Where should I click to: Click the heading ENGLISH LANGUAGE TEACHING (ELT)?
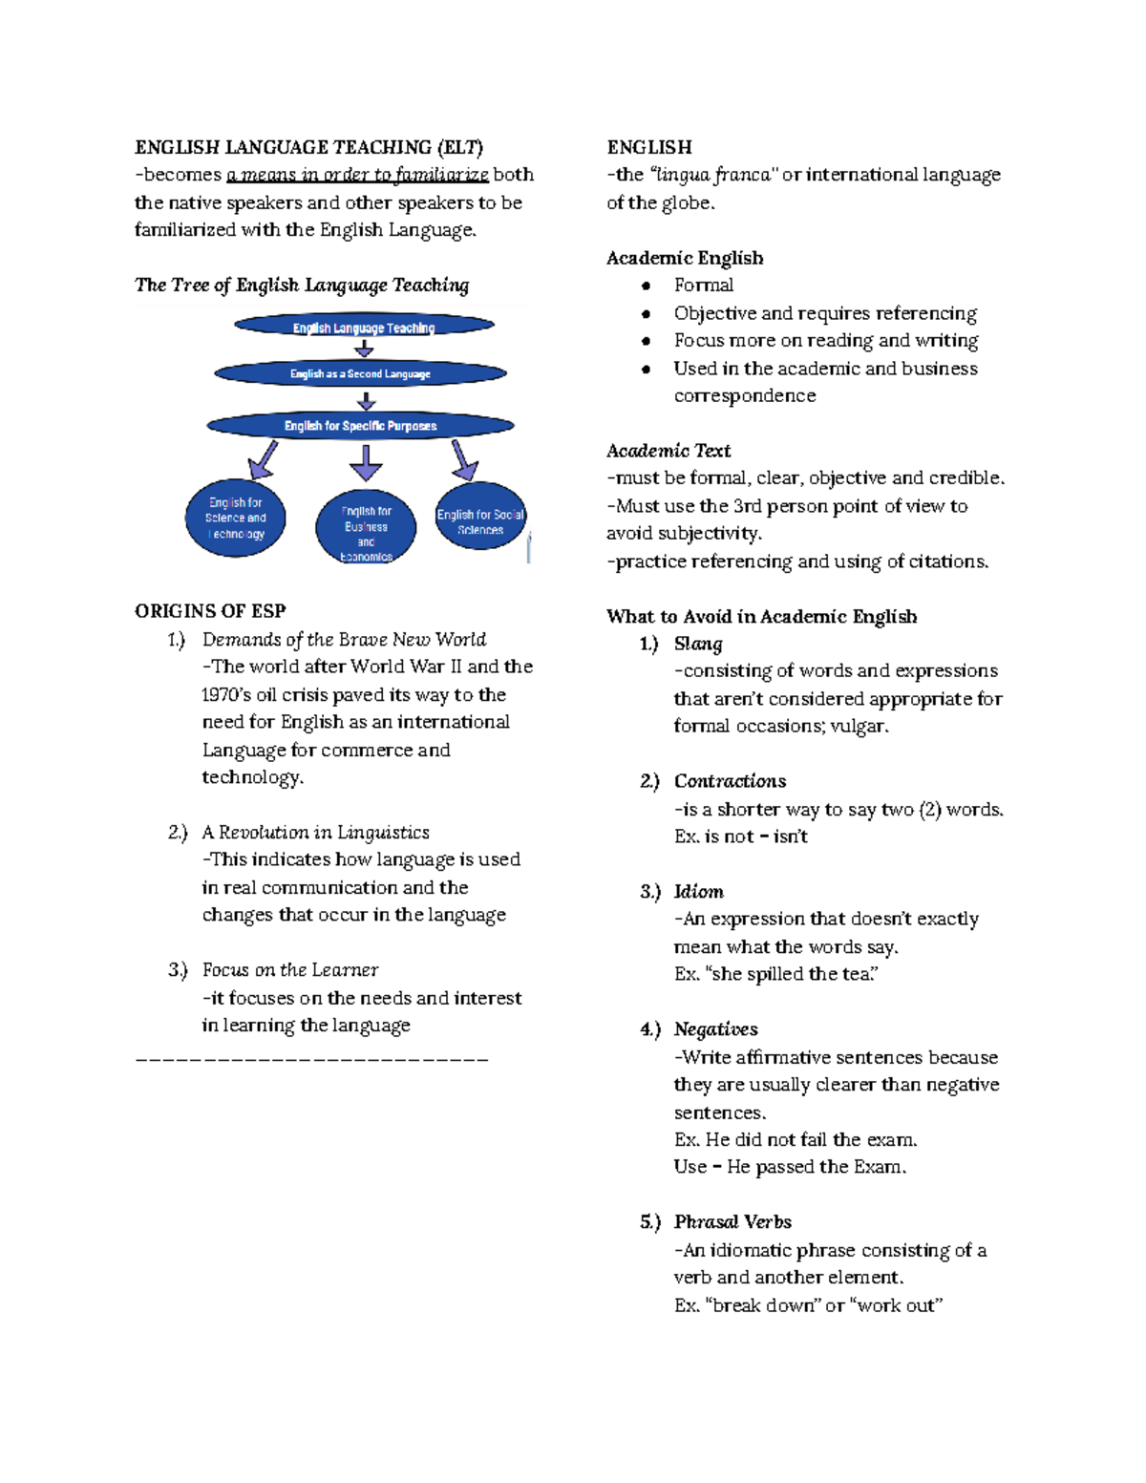308,147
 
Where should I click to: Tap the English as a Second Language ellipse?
360,373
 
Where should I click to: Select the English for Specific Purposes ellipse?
360,425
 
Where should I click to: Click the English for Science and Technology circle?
236,519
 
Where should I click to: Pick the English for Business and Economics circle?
366,527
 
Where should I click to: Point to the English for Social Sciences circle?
480,517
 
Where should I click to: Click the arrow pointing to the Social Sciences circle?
463,460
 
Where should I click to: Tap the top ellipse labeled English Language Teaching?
364,327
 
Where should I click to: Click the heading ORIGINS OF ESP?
210,611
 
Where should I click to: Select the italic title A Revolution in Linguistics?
315,832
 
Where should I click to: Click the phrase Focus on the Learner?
289,970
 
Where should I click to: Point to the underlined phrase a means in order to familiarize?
357,175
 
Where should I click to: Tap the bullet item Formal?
704,285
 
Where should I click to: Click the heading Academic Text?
668,451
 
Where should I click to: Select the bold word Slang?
698,644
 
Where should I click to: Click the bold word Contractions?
730,781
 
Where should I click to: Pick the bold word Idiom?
698,891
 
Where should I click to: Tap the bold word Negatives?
715,1029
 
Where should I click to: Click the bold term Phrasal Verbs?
732,1222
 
